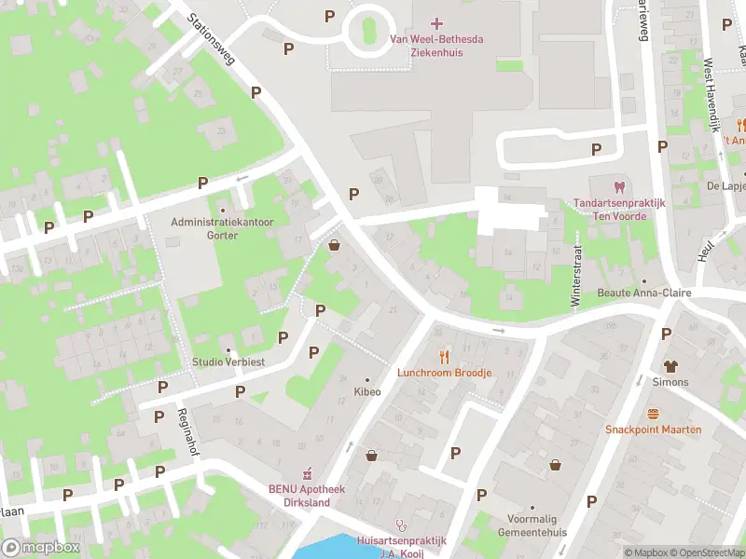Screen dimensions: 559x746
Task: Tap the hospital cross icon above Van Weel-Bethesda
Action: click(438, 22)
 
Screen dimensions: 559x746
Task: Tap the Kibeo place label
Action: click(366, 392)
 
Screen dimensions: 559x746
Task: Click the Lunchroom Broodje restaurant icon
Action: click(444, 356)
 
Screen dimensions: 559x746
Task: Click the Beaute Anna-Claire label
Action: click(643, 292)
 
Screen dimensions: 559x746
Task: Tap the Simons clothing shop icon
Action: click(670, 366)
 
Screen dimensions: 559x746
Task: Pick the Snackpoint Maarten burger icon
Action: click(653, 414)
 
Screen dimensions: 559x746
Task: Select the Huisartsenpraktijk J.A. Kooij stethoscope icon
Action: click(401, 525)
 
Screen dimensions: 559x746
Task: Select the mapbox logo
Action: click(41, 547)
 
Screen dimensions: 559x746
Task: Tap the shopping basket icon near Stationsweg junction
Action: click(335, 245)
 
